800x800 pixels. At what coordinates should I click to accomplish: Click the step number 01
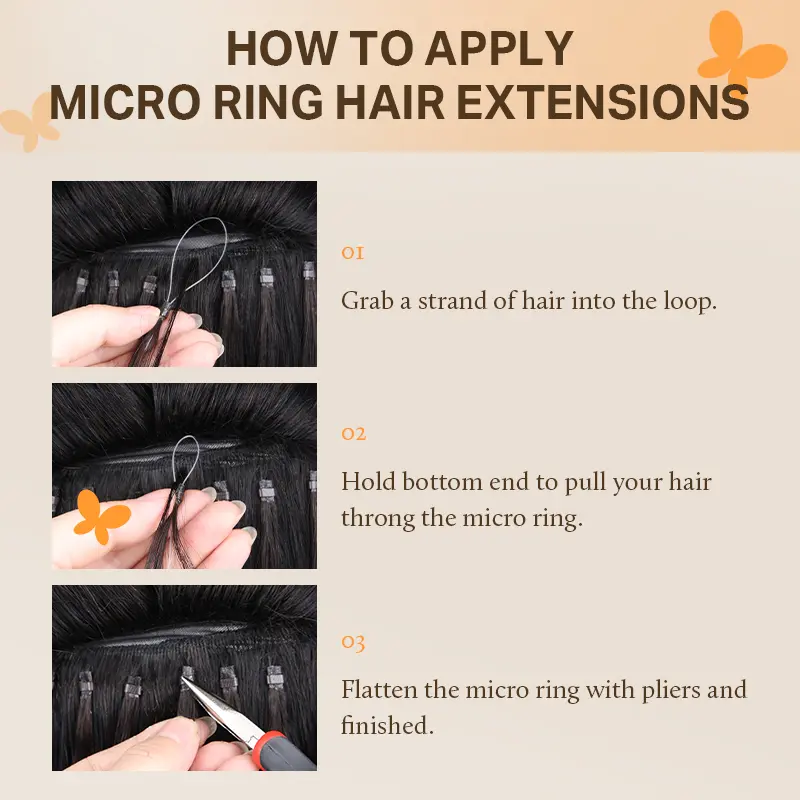pyautogui.click(x=353, y=253)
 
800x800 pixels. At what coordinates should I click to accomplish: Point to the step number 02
pyautogui.click(x=354, y=434)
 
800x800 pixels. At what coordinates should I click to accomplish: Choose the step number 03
pyautogui.click(x=353, y=642)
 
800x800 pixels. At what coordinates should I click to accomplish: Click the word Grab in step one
pyautogui.click(x=367, y=301)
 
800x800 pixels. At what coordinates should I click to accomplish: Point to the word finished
pyautogui.click(x=387, y=725)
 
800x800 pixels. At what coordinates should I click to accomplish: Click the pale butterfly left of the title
pyautogui.click(x=30, y=122)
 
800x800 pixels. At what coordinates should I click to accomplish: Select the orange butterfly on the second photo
pyautogui.click(x=101, y=517)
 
